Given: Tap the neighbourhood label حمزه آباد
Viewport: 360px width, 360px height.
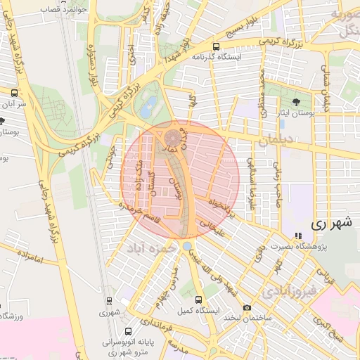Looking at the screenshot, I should (x=150, y=248).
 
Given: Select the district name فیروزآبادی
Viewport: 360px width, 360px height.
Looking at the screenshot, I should (x=289, y=290).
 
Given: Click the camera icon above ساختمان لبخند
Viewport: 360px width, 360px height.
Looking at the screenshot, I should (x=247, y=308).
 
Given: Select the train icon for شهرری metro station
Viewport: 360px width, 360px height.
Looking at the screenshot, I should (x=108, y=301).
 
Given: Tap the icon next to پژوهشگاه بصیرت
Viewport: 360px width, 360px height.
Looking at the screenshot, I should (x=298, y=236).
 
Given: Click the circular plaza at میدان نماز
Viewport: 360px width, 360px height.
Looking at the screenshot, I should (x=173, y=136).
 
